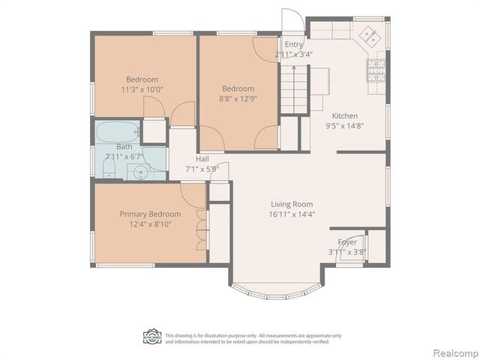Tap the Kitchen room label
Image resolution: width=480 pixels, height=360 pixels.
point(345,116)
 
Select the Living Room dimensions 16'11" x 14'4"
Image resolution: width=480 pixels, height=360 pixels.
point(292,214)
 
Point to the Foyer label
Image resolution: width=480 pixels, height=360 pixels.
point(347,241)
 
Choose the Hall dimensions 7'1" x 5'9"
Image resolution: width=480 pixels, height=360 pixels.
point(202,169)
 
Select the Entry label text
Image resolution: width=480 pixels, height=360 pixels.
point(294,45)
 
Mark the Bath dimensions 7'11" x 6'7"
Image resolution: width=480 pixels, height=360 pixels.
point(124,156)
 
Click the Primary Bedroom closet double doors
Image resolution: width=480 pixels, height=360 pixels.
point(199,229)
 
